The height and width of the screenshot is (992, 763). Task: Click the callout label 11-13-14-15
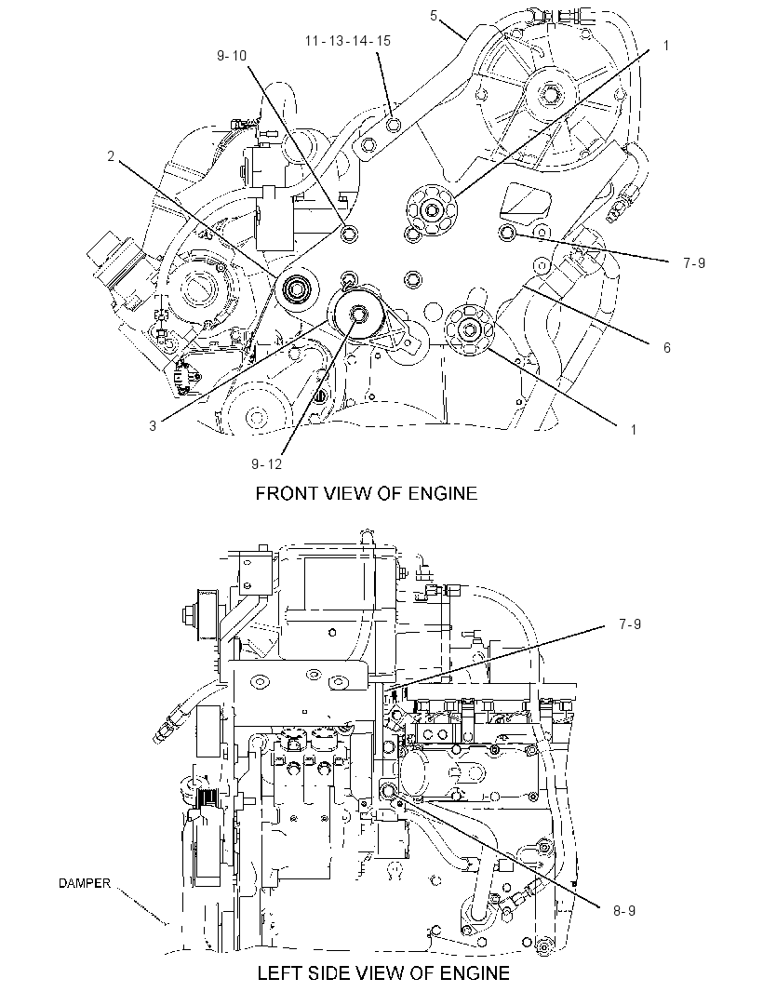(x=348, y=41)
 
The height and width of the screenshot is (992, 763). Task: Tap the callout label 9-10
(x=232, y=56)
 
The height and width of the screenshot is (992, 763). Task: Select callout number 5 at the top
(x=434, y=16)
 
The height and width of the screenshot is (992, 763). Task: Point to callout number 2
(x=111, y=155)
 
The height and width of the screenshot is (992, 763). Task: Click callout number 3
(x=153, y=426)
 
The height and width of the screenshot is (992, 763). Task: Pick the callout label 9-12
(x=266, y=463)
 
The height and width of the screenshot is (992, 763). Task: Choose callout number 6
(x=667, y=347)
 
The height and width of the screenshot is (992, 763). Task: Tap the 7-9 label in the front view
(x=694, y=262)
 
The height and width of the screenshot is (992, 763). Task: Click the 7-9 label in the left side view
(x=630, y=624)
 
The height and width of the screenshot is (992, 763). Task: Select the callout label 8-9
(x=623, y=910)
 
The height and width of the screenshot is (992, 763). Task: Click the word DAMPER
(x=85, y=883)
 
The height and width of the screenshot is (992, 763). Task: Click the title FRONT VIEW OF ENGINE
(x=367, y=493)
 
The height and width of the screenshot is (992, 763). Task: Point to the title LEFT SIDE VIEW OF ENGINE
(x=383, y=972)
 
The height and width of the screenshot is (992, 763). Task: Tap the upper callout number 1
(x=666, y=45)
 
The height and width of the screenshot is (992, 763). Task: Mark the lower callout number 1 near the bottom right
(x=634, y=430)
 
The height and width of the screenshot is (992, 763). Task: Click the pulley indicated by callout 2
(x=295, y=290)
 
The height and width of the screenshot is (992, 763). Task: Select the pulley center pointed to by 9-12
(x=357, y=313)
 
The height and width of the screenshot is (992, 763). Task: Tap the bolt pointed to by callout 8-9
(x=387, y=790)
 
